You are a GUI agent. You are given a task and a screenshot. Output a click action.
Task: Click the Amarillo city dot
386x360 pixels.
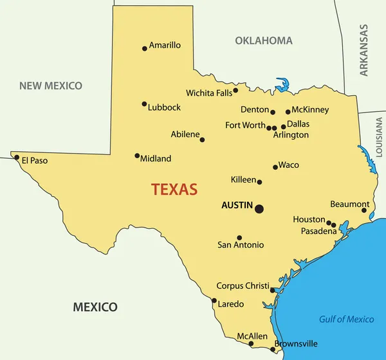(x=145, y=48)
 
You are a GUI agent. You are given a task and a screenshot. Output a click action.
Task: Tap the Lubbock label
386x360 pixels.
(x=164, y=107)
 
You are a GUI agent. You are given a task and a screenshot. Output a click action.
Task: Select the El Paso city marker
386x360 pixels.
(x=16, y=157)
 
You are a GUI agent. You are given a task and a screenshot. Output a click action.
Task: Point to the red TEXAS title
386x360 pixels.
(x=174, y=190)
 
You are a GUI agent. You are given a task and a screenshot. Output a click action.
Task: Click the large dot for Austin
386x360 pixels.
(x=259, y=209)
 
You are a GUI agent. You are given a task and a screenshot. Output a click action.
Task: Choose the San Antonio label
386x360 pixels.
(x=241, y=245)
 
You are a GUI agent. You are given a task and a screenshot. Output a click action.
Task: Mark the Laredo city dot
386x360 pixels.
(x=214, y=300)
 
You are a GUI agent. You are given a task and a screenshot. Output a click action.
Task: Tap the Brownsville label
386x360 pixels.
(x=296, y=344)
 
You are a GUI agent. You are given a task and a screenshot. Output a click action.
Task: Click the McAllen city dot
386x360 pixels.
(x=251, y=343)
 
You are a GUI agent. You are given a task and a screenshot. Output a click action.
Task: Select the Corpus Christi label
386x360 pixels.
(x=243, y=285)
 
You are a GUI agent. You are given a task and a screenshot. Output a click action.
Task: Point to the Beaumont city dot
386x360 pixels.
(x=364, y=210)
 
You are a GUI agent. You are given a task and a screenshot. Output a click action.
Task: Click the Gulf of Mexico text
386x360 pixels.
(x=347, y=319)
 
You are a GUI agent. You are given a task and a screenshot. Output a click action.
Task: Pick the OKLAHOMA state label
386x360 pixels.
(x=264, y=40)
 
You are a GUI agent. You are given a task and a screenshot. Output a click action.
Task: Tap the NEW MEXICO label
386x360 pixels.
(x=51, y=85)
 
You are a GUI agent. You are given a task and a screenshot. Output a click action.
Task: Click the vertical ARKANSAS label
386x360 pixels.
(x=364, y=50)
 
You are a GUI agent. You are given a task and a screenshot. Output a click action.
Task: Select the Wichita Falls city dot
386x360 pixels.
(x=235, y=90)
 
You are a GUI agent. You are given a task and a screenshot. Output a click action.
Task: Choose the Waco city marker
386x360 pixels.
(x=275, y=167)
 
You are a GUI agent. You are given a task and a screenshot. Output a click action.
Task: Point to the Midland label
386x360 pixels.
(x=156, y=158)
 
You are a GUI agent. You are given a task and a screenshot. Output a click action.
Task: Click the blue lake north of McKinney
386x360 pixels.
(x=282, y=85)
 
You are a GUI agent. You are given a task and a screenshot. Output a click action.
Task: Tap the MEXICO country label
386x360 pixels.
(x=95, y=307)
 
